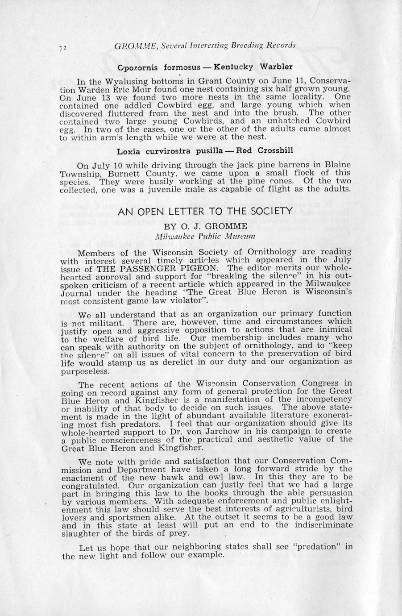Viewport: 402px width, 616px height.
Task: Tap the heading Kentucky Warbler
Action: pyautogui.click(x=253, y=67)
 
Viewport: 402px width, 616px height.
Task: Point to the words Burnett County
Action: pyautogui.click(x=132, y=173)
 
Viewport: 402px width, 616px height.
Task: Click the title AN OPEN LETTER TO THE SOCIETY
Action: pyautogui.click(x=205, y=211)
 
